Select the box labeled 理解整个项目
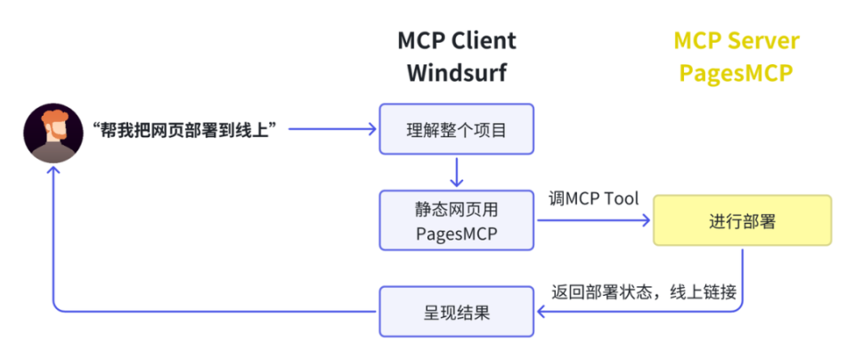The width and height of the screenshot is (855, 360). pos(456,130)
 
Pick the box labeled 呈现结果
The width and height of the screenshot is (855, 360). pos(456,311)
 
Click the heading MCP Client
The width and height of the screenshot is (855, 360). pos(456,41)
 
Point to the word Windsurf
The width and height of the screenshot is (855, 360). pos(456,73)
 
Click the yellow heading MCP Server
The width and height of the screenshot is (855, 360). pos(736,41)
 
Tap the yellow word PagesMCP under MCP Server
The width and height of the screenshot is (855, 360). pos(736,73)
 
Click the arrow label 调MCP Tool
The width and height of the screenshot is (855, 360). pos(593,198)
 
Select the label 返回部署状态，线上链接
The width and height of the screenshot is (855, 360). pos(643,292)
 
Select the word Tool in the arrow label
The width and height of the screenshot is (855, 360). pos(622,198)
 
